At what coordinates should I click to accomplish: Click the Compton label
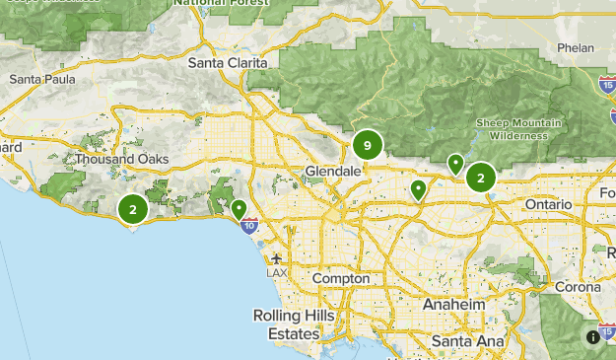[340, 278]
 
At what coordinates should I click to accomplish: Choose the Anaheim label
[453, 305]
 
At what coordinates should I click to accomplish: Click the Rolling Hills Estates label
[294, 324]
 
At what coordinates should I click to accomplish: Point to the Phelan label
[576, 46]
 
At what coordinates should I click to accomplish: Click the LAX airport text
[276, 272]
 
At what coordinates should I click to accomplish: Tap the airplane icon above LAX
[276, 257]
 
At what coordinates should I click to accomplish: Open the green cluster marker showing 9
[367, 146]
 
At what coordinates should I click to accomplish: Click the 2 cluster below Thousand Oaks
[132, 208]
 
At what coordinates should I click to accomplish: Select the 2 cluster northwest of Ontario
[480, 178]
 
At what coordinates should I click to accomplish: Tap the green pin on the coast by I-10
[239, 208]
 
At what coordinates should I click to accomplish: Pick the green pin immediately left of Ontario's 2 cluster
[455, 163]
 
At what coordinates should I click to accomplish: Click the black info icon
[592, 336]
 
